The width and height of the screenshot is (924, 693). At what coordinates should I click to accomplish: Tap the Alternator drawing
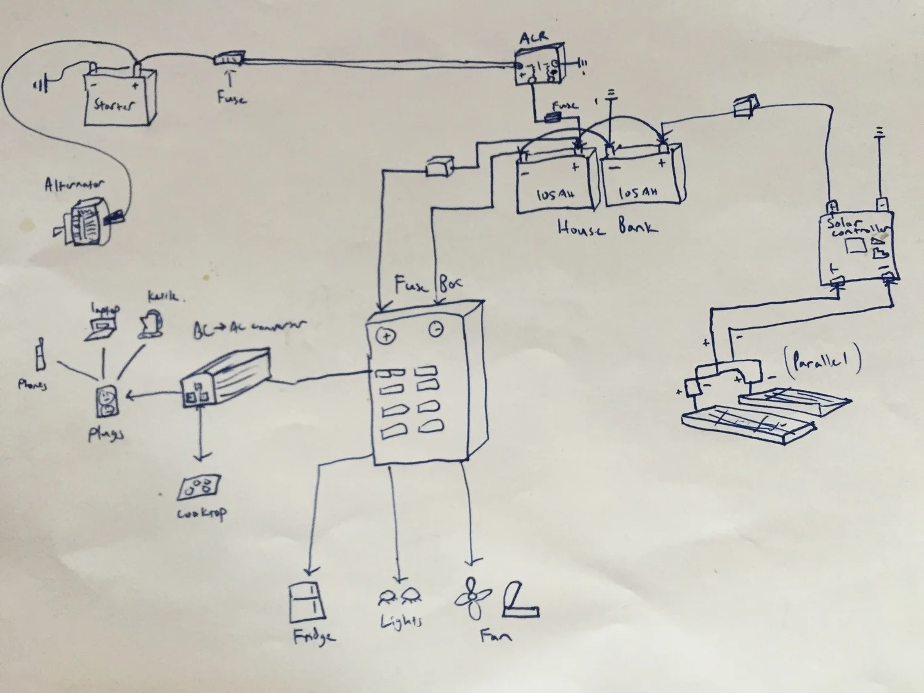click(89, 216)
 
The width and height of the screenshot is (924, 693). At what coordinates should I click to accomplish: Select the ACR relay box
click(540, 67)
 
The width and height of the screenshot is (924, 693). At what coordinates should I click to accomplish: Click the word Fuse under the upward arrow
click(231, 97)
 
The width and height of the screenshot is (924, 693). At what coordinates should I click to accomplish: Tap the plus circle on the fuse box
click(387, 336)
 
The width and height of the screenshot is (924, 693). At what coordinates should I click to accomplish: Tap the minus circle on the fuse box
click(436, 330)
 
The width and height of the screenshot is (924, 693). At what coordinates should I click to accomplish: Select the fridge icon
click(306, 602)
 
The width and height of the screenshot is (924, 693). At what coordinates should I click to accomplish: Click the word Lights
click(401, 621)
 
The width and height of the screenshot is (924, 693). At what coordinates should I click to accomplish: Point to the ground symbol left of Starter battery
click(40, 83)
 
